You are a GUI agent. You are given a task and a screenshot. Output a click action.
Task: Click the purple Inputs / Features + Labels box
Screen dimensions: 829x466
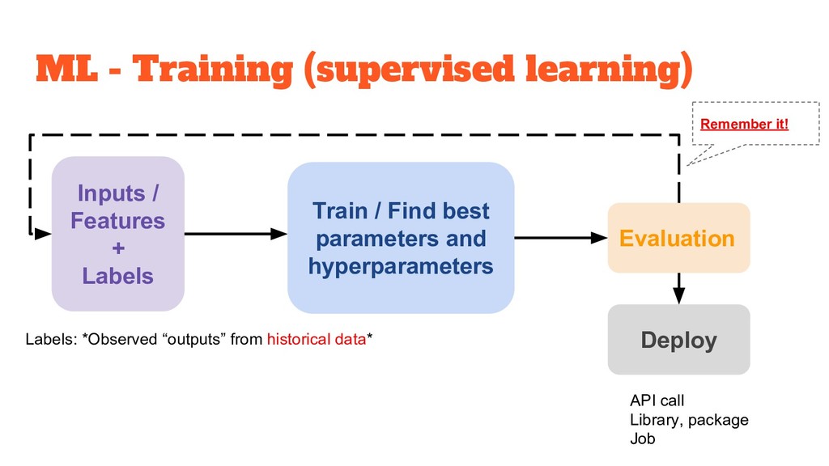(x=118, y=234)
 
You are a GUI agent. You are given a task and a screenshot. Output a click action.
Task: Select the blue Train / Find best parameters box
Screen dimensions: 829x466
(x=401, y=238)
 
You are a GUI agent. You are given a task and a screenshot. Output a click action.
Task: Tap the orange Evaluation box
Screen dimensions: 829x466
(x=678, y=238)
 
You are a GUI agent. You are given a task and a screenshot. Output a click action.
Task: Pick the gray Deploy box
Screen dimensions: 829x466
(x=678, y=340)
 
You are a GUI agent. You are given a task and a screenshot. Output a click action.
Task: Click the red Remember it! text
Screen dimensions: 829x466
(x=743, y=124)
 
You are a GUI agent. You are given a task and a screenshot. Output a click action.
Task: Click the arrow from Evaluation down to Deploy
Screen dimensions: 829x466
(x=678, y=288)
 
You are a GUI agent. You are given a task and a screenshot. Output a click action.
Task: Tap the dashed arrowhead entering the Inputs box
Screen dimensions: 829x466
(x=44, y=233)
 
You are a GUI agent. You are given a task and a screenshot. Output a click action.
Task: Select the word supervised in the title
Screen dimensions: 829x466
(x=409, y=71)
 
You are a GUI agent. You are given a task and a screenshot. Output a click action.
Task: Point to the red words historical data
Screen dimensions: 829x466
(x=317, y=340)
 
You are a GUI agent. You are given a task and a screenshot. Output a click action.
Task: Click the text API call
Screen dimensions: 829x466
(x=657, y=400)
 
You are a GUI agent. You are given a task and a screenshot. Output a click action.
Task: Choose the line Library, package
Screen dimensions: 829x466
(x=688, y=420)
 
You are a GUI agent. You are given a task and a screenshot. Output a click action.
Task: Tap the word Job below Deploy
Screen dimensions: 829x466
(x=642, y=439)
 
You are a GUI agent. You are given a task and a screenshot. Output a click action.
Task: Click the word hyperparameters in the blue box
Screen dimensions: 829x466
(x=401, y=266)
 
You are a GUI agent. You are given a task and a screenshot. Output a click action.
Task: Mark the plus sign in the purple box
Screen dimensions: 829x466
(x=118, y=248)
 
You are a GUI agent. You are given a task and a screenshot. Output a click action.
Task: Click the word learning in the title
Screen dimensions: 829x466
(x=604, y=71)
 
